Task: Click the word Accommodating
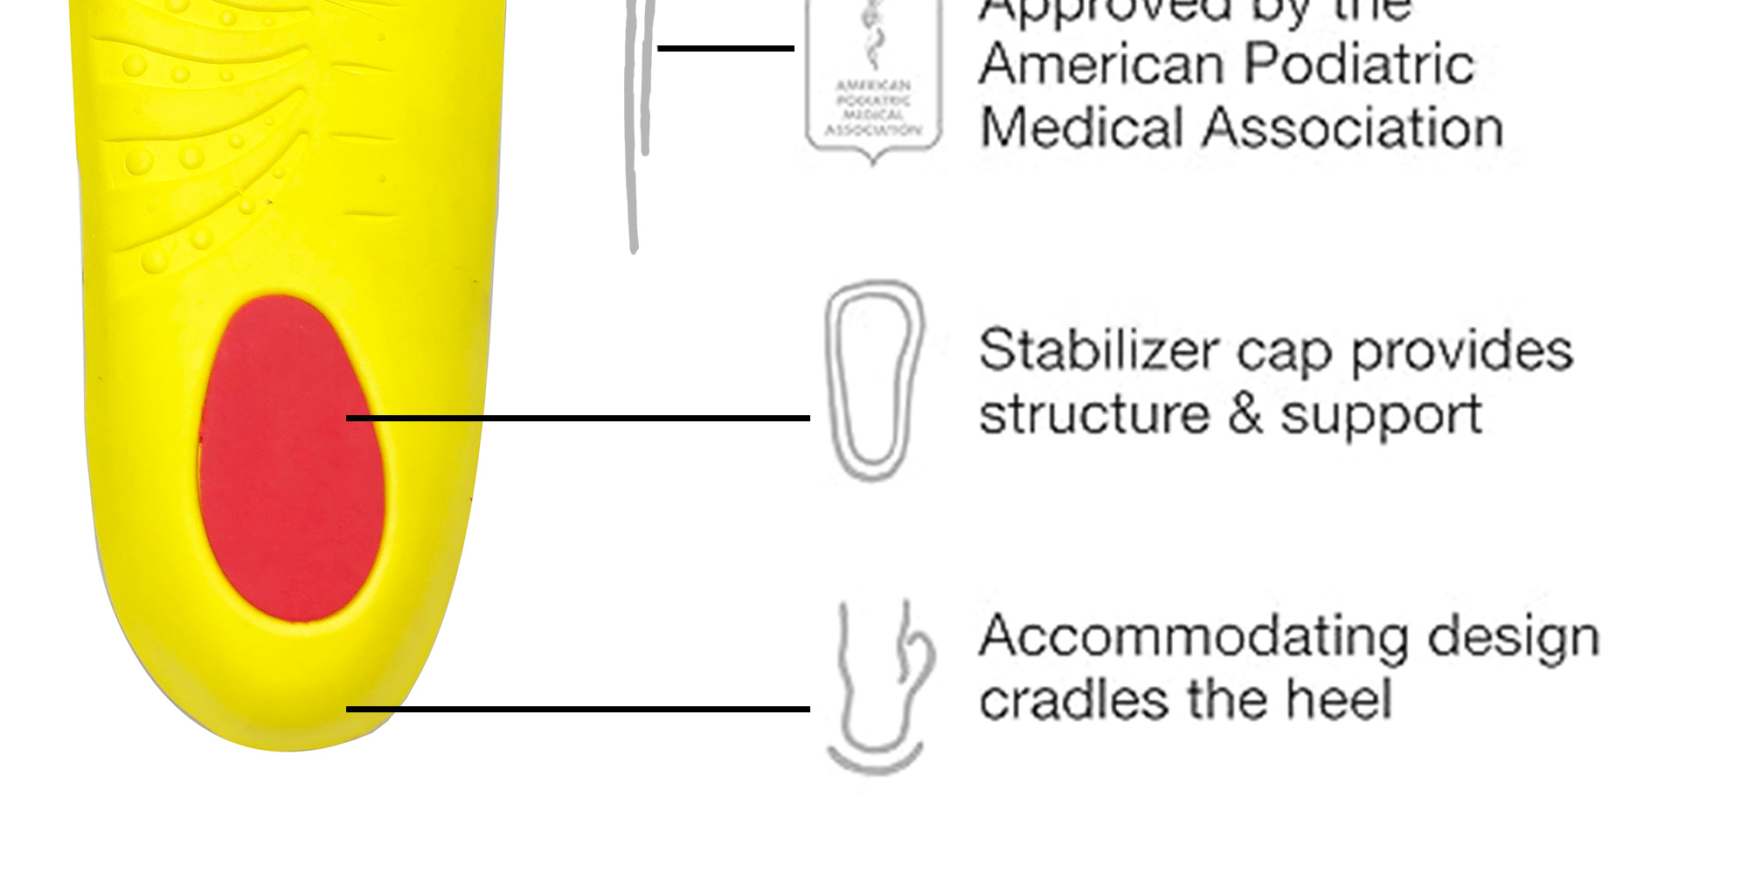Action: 1194,636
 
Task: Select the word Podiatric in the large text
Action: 1358,65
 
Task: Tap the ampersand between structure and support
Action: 1245,414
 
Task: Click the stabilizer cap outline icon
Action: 873,380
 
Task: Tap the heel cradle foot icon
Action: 877,686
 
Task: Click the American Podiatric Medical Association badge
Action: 873,83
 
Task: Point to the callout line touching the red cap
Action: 577,419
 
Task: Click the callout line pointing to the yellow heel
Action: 577,709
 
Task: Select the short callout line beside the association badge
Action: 725,48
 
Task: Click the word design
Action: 1513,638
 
